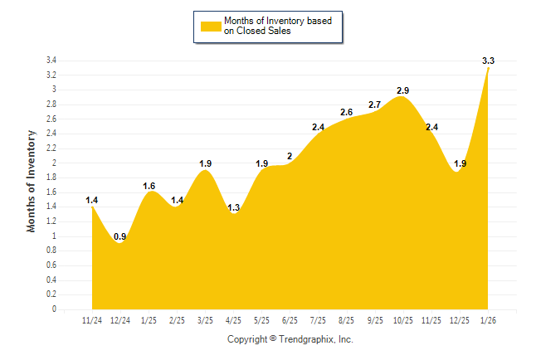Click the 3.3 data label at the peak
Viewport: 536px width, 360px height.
488,61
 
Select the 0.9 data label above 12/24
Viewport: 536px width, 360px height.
120,236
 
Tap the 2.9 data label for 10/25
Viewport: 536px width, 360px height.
403,89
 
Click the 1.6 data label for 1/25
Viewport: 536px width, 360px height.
149,185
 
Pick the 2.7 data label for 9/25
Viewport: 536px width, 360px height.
374,105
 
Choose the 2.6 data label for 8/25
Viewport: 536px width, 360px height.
347,112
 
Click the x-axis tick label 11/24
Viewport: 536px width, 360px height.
91,320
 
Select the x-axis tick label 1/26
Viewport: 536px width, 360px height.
489,320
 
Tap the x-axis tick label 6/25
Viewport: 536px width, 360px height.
290,320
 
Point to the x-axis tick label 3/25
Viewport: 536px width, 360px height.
205,320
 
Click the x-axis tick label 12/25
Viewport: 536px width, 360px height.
460,320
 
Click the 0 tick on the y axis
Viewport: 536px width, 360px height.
54,309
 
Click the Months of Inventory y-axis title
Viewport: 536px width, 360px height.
32,180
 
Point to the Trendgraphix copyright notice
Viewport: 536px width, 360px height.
290,339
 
